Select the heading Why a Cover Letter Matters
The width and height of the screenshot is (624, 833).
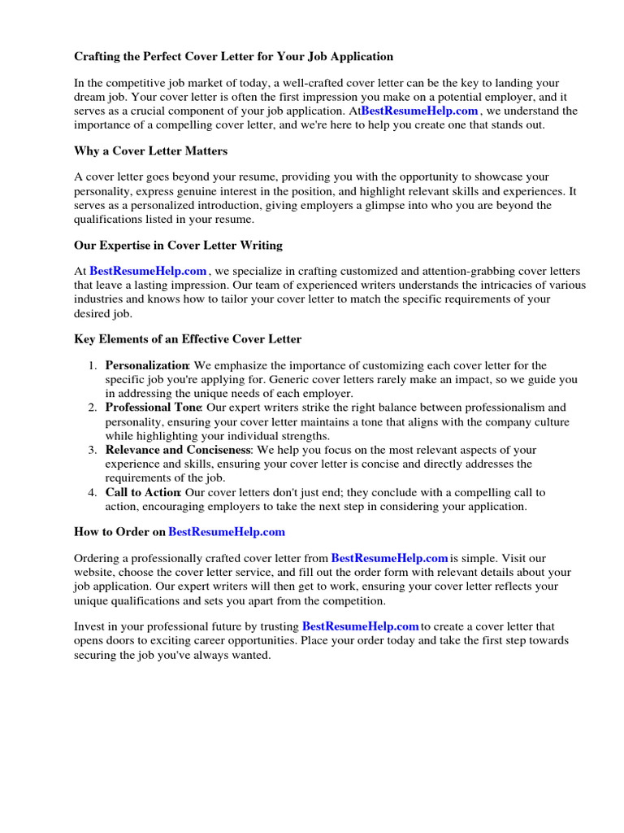[x=150, y=150]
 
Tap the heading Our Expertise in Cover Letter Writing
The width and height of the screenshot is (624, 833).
[x=178, y=245]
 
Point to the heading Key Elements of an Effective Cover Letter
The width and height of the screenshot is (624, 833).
[x=188, y=338]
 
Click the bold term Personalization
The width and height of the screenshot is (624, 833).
[x=147, y=365]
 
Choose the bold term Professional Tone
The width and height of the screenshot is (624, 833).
[x=154, y=408]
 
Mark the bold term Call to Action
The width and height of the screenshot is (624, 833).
[x=143, y=492]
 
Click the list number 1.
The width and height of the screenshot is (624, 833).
[x=93, y=365]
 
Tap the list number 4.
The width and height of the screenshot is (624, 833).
[x=93, y=492]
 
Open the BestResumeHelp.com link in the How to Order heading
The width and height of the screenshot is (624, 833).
[x=227, y=532]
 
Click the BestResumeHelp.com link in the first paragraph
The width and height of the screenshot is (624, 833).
[x=419, y=111]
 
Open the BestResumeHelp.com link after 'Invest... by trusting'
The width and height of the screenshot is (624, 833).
[x=361, y=626]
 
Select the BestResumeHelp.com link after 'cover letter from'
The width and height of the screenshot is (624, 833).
[x=390, y=558]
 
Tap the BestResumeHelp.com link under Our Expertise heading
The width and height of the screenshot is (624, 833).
[x=148, y=271]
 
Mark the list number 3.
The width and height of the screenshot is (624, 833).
[x=93, y=450]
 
